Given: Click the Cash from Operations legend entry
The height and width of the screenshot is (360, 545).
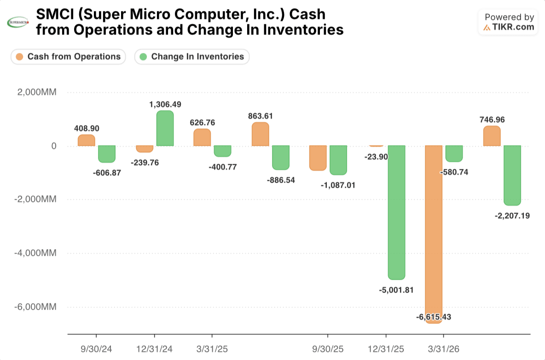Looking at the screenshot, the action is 68,57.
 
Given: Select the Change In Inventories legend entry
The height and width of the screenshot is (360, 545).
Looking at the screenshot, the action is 192,57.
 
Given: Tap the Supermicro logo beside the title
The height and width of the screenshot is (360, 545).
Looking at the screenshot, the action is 18,22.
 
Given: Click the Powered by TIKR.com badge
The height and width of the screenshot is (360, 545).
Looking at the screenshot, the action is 508,22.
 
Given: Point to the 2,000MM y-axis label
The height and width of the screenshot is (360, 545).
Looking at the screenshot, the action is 37,92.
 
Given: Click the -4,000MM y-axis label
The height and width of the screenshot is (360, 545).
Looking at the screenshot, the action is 35,253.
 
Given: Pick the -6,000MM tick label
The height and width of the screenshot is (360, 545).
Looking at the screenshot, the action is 35,307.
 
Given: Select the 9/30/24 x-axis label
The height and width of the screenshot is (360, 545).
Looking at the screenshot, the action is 96,349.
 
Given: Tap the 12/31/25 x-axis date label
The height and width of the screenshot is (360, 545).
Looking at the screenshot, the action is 386,349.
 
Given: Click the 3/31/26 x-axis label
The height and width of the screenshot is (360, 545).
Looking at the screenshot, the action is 444,349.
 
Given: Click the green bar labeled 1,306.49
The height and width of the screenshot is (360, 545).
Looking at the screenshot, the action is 165,128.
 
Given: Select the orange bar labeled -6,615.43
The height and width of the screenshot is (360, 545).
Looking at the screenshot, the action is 434,235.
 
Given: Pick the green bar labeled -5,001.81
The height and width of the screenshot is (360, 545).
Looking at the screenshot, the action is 397,213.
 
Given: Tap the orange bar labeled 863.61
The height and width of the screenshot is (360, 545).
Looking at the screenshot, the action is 261,134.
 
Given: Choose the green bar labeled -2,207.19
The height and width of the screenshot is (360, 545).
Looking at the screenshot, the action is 512,175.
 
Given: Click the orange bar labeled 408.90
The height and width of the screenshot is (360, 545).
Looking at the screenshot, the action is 86,140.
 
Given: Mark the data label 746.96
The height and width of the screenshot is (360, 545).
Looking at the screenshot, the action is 492,120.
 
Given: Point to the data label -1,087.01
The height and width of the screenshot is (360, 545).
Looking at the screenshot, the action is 338,185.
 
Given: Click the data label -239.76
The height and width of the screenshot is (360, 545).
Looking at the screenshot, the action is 145,163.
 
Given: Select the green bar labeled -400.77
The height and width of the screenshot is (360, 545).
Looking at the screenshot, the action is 222,151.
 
